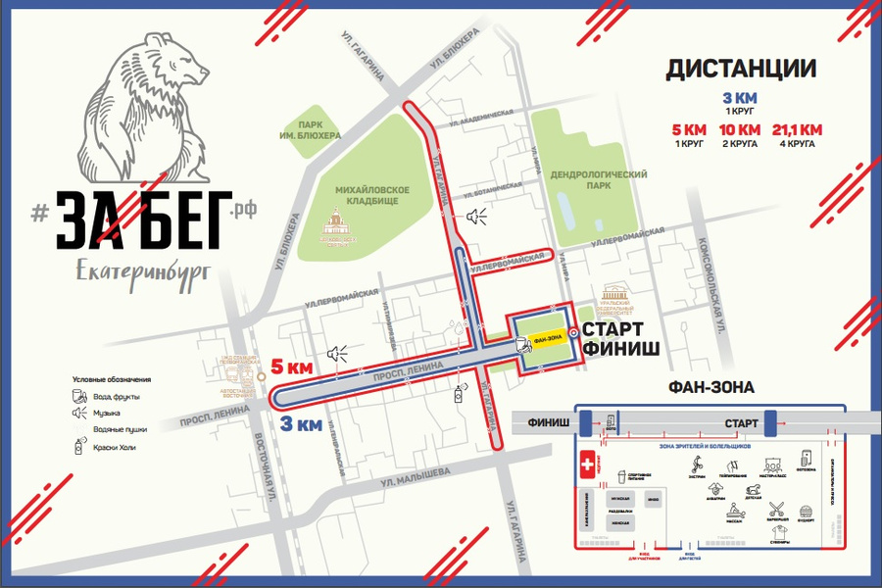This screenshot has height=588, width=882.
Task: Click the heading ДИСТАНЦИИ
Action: click(x=741, y=69)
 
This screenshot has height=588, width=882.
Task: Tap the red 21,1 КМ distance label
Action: click(x=798, y=130)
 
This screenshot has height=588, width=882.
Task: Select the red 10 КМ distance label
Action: click(x=740, y=130)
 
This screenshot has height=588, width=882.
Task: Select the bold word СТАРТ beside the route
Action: click(x=612, y=328)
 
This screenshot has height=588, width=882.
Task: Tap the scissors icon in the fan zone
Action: click(x=777, y=508)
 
